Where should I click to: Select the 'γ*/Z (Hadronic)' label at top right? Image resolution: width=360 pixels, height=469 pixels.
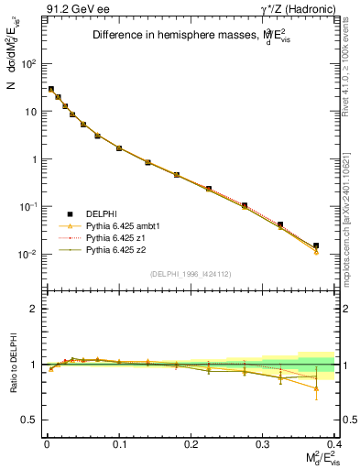(298, 9)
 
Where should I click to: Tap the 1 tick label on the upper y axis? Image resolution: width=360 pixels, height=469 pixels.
(34, 159)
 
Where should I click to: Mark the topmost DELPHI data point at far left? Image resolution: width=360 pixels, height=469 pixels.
(51, 89)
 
